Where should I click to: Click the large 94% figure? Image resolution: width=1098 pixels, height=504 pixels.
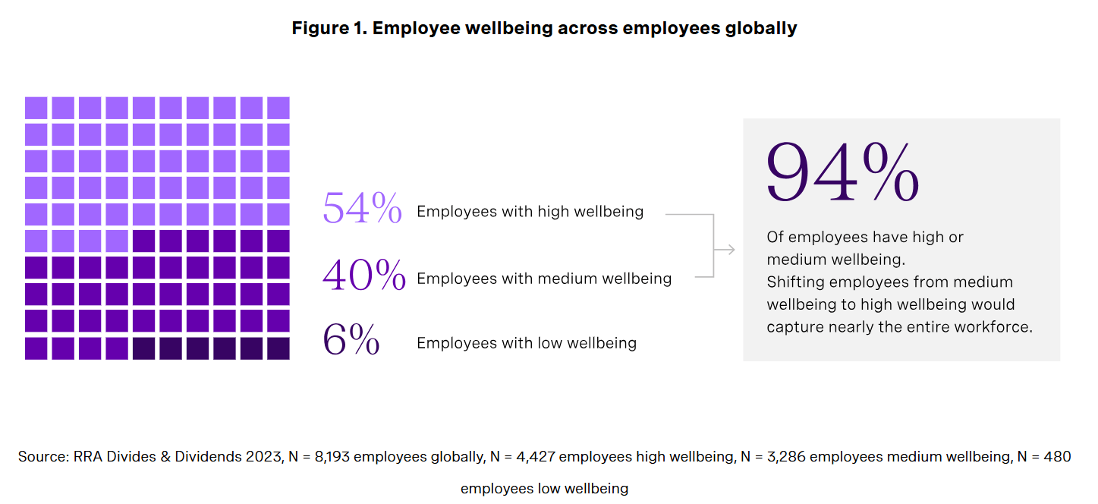[842, 172]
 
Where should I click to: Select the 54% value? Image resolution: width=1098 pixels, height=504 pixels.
[362, 208]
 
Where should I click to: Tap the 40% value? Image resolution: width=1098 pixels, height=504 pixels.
[363, 275]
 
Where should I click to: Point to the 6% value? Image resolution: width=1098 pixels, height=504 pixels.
[351, 340]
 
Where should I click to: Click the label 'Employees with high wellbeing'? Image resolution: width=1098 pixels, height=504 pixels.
[530, 212]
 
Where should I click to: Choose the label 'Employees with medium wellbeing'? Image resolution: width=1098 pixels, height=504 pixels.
[544, 279]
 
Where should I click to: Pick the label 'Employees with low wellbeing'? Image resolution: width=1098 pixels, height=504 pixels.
[527, 343]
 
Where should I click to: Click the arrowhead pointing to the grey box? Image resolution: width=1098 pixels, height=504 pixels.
[729, 249]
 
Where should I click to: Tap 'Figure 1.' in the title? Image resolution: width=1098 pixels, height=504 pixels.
[329, 29]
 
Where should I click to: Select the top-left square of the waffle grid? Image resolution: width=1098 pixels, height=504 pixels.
[36, 108]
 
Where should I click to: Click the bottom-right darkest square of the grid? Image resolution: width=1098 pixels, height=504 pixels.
[278, 348]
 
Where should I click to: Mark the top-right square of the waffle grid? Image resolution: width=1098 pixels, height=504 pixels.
[278, 108]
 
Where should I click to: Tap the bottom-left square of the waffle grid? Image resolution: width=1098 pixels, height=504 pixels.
[36, 348]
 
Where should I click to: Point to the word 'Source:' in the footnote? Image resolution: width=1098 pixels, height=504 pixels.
[44, 457]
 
